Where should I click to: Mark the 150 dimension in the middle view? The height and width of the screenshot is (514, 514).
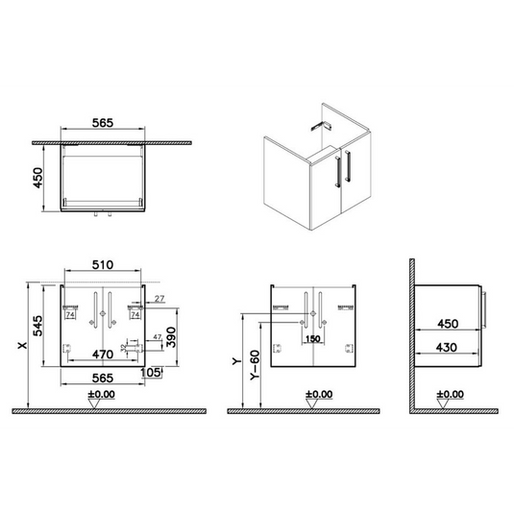click(311, 338)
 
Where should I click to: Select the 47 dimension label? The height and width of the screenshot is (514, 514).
click(156, 336)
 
